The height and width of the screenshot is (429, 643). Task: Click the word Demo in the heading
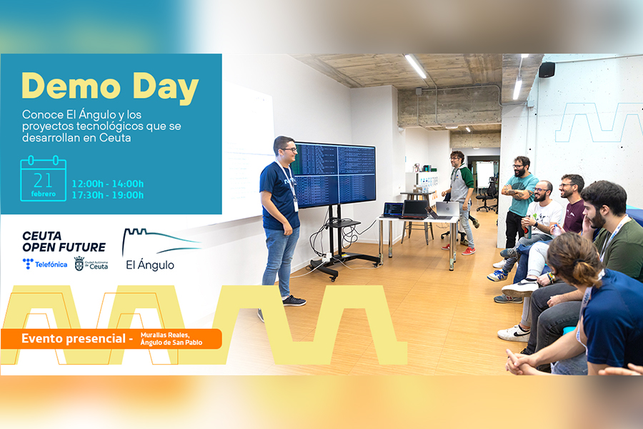point(71,86)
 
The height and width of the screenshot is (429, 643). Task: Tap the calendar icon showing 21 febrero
point(43,179)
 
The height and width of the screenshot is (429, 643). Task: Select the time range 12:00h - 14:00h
point(108,184)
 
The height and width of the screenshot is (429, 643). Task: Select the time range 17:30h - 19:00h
point(108,195)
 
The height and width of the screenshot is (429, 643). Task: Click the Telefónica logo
point(45,264)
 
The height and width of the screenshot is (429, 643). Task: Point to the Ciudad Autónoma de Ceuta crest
point(79,264)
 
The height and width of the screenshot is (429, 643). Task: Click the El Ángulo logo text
point(150,265)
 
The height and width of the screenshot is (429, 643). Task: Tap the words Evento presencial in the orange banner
point(74,339)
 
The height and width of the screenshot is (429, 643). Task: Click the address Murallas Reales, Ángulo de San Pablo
point(171,339)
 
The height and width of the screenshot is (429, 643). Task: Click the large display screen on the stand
point(334,175)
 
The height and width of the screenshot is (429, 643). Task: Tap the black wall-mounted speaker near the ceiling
point(547,70)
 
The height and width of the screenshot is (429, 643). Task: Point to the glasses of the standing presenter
point(290,150)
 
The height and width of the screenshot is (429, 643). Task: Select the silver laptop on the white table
point(447,210)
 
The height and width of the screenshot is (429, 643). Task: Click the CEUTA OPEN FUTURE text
point(64,242)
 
